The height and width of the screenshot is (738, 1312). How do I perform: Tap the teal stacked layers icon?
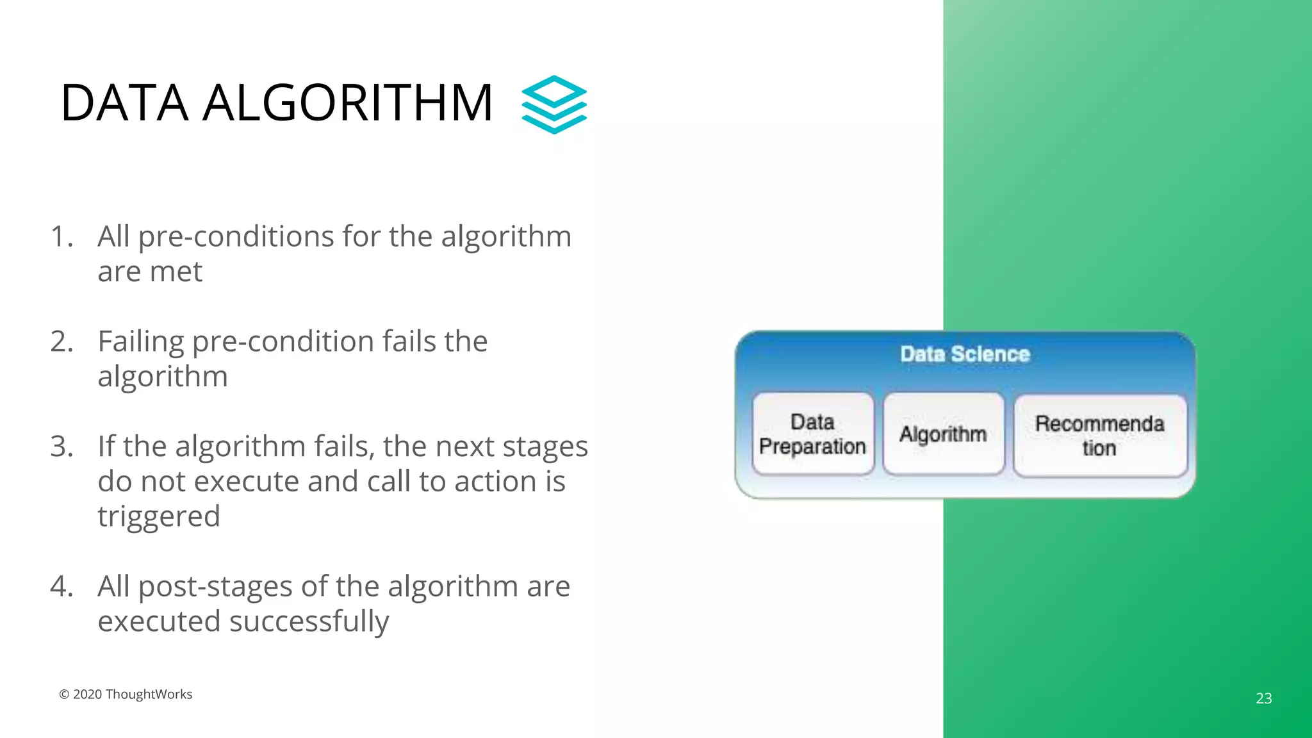pos(554,104)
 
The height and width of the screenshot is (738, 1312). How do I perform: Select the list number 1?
pos(61,236)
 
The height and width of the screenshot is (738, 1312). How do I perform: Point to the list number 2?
pos(61,341)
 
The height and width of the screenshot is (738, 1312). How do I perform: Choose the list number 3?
pos(61,447)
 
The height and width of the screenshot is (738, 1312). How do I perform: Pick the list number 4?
pos(61,586)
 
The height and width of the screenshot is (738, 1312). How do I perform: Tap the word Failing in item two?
pos(141,341)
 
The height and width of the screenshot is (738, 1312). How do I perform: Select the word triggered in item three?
pos(159,516)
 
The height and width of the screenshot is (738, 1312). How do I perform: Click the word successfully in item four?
pos(309,621)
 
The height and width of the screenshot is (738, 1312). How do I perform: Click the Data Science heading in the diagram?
pos(965,354)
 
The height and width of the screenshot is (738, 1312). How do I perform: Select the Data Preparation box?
pos(813,434)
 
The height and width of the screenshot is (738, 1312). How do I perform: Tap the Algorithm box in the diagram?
pos(943,434)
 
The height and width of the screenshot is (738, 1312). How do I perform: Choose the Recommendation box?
pos(1100,436)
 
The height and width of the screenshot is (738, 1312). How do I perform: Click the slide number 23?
pos(1264,698)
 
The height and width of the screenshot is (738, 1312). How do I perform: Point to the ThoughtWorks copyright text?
pos(126,694)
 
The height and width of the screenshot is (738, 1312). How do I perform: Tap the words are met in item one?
pos(150,272)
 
